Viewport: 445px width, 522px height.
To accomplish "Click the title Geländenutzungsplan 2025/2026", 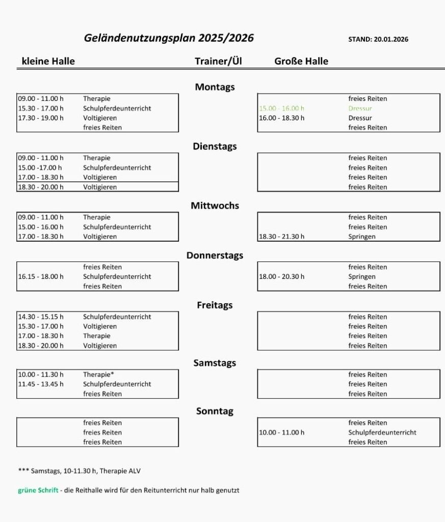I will coord(169,38).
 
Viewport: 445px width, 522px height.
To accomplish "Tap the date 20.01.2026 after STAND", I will coord(391,39).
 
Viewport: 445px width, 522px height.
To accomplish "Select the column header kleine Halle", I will coord(48,61).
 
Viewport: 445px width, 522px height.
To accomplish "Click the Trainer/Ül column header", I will coord(218,61).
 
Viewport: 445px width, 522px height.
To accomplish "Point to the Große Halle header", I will coord(301,61).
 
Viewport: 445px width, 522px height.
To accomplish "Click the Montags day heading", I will coord(215,87).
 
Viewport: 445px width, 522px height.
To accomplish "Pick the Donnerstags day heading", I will coord(215,255).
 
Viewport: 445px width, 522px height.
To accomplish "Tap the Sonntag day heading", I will coord(215,411).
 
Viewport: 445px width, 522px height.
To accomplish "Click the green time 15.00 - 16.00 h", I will coord(281,109).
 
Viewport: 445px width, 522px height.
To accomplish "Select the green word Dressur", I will coord(360,109).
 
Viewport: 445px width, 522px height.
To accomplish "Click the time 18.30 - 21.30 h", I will coord(281,237).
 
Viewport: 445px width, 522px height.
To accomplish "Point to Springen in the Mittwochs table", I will coord(362,237).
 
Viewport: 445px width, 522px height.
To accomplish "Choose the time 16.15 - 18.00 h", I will coord(41,277).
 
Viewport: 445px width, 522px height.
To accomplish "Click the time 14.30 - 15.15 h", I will coord(41,317).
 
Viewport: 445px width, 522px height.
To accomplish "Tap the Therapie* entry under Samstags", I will coord(98,375).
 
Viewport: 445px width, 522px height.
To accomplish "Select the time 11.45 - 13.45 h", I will coord(41,384).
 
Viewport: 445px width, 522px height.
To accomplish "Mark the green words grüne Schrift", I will coord(38,491).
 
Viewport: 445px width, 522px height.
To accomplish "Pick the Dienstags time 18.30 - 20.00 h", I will coord(41,187).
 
